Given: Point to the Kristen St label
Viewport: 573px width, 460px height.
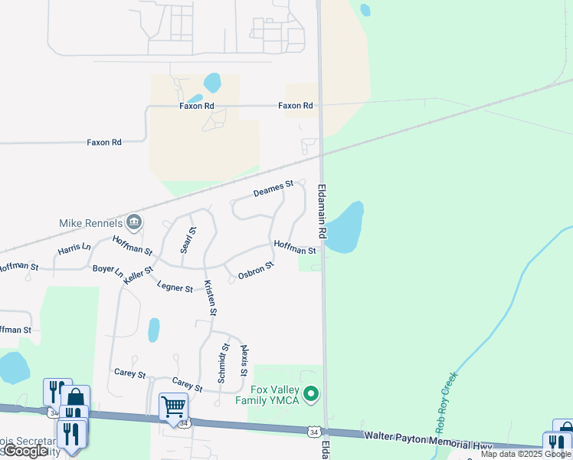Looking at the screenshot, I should click(211, 297).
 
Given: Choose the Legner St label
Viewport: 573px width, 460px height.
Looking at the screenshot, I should click(175, 287).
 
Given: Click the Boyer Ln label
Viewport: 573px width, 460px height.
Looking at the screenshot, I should click(108, 271).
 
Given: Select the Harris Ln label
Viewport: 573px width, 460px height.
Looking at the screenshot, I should click(74, 250).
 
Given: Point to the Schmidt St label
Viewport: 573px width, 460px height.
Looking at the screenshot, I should click(224, 363).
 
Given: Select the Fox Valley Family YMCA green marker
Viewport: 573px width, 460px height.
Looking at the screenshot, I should click(310, 395).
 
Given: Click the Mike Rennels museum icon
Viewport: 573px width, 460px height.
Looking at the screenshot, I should click(134, 222).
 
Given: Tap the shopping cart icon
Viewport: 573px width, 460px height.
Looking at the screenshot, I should click(174, 406).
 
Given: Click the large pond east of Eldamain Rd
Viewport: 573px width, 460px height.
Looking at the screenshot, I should click(345, 228).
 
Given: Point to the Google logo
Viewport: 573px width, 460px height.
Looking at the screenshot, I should click(25, 451).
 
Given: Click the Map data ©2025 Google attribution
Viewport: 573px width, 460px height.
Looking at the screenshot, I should click(526, 454).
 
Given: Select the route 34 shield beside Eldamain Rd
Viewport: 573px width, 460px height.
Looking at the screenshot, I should click(313, 432).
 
